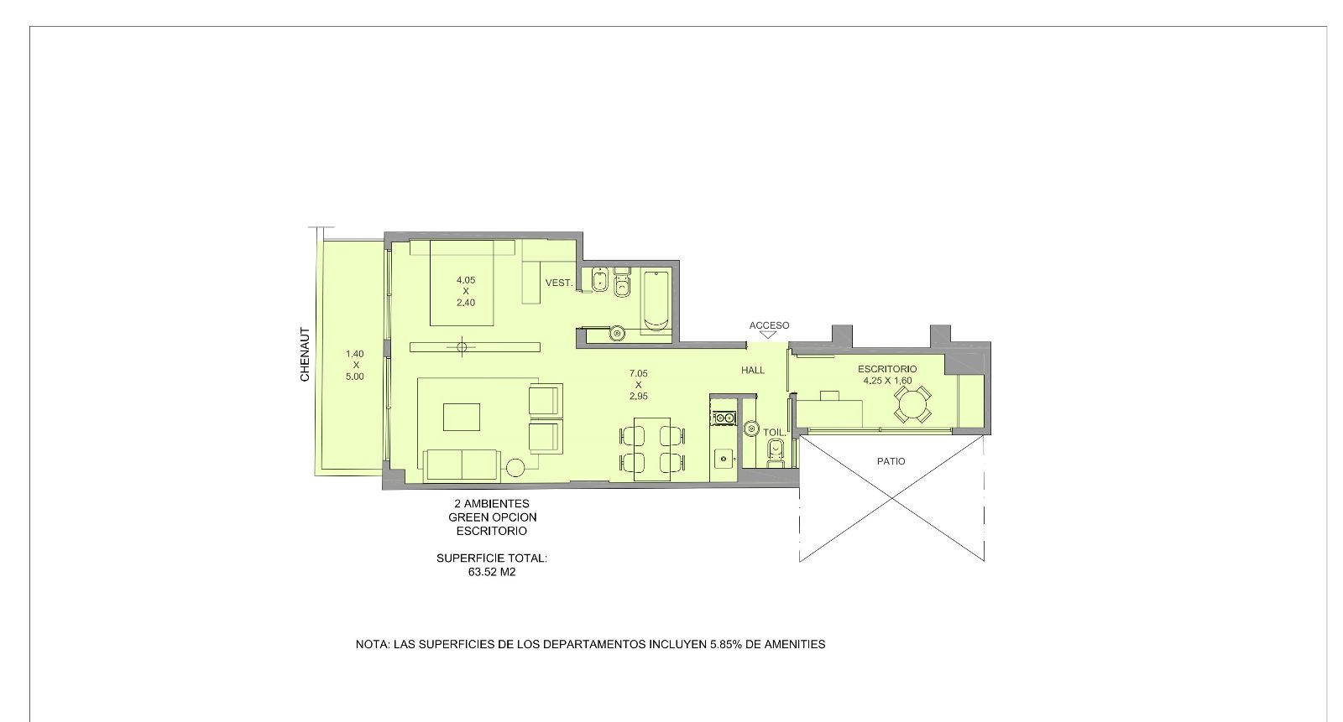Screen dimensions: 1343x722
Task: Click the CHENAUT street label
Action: [306, 355]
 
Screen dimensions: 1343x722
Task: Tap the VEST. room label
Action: [559, 283]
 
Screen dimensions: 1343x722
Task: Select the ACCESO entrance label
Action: [769, 325]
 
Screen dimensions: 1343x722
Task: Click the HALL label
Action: [753, 371]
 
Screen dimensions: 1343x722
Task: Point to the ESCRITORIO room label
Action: [887, 369]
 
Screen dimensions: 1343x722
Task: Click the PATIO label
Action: [891, 461]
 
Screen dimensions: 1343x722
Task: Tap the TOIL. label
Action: [774, 432]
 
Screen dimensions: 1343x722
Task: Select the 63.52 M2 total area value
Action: [492, 572]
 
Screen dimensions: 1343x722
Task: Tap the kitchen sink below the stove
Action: [724, 459]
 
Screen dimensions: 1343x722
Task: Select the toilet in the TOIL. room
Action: [776, 453]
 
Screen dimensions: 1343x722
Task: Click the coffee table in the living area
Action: [462, 417]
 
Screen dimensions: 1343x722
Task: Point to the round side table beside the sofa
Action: [515, 467]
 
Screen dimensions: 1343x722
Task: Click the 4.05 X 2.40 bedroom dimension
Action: [466, 291]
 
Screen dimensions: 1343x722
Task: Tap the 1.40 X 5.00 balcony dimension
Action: [355, 365]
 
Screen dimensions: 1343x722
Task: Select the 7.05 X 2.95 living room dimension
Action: [639, 385]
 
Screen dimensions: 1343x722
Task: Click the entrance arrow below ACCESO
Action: [768, 335]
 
